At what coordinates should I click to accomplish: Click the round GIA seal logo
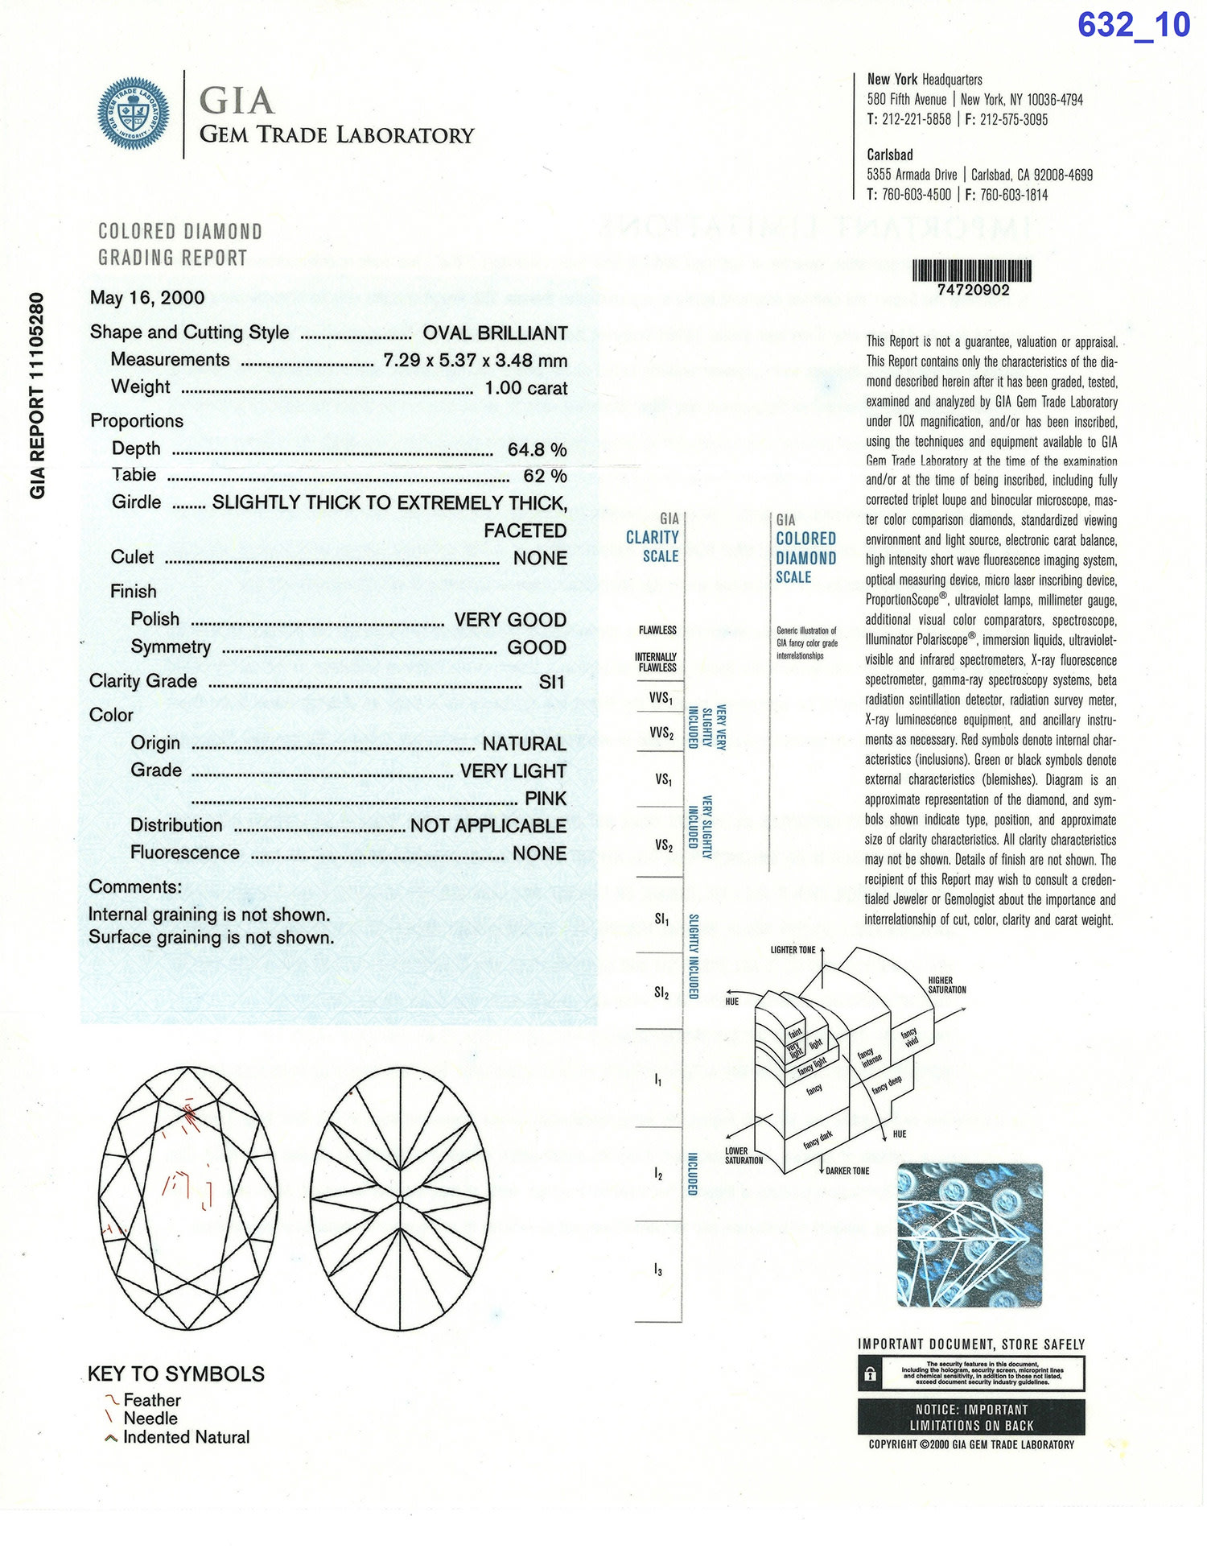[x=134, y=114]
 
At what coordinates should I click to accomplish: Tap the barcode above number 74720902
[x=972, y=271]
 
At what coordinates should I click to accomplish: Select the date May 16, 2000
[x=147, y=298]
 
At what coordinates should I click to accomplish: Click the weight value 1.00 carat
[x=525, y=388]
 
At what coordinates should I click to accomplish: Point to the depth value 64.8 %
[x=537, y=449]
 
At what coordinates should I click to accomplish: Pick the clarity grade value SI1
[x=552, y=683]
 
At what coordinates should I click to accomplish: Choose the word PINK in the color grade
[x=546, y=799]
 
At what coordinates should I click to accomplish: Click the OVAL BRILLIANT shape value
[x=495, y=333]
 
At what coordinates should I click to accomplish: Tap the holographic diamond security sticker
[x=970, y=1236]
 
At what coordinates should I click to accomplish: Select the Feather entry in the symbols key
[x=151, y=1400]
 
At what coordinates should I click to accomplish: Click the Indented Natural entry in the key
[x=185, y=1437]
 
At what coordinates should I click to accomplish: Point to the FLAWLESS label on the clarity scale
[x=657, y=630]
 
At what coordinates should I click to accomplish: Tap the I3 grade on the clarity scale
[x=658, y=1270]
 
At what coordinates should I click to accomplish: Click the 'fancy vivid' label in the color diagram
[x=909, y=1038]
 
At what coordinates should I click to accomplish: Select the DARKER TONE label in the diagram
[x=847, y=1171]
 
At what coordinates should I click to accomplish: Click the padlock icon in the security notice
[x=870, y=1374]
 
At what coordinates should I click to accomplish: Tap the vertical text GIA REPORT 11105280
[x=37, y=395]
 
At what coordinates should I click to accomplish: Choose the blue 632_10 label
[x=1133, y=25]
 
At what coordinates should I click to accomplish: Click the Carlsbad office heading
[x=889, y=155]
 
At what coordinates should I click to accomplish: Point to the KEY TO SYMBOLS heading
[x=176, y=1373]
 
